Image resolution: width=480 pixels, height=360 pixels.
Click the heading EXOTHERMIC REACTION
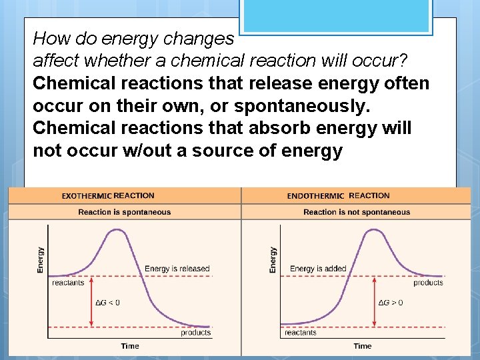[108, 196]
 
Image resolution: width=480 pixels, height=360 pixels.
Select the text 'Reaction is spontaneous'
[125, 212]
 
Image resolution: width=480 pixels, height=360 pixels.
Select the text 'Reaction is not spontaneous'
[357, 212]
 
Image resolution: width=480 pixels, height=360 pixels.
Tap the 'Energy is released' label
[177, 269]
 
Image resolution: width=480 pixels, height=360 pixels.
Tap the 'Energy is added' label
[318, 269]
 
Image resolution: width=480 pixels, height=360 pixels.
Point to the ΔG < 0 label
[108, 303]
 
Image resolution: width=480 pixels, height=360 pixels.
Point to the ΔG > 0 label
[391, 303]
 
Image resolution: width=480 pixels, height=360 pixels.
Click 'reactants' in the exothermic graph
[68, 283]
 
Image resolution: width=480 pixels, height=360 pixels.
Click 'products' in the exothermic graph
[195, 333]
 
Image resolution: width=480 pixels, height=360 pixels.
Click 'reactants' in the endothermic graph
[300, 333]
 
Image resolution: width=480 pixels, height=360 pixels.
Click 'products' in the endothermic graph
[428, 283]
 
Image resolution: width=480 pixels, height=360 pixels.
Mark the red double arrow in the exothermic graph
[92, 301]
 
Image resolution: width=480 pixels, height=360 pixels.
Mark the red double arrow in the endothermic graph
[374, 301]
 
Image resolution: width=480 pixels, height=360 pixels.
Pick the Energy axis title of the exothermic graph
[41, 259]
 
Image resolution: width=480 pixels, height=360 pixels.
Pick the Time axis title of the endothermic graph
[363, 346]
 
